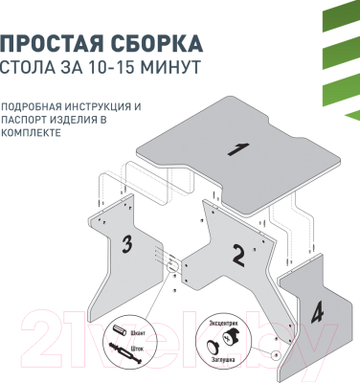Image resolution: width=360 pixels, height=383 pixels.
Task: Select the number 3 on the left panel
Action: pos(125,244)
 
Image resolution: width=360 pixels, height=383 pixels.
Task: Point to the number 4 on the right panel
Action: pos(316,312)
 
